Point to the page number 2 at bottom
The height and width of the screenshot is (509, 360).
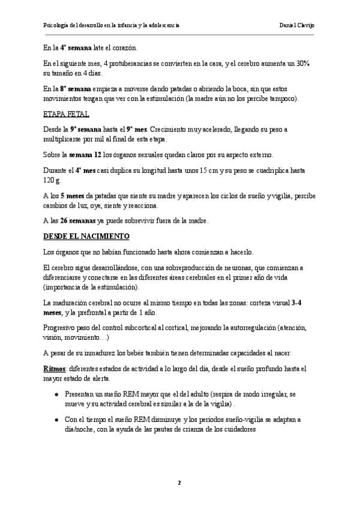coord(179,483)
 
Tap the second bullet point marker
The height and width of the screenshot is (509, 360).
coord(56,420)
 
